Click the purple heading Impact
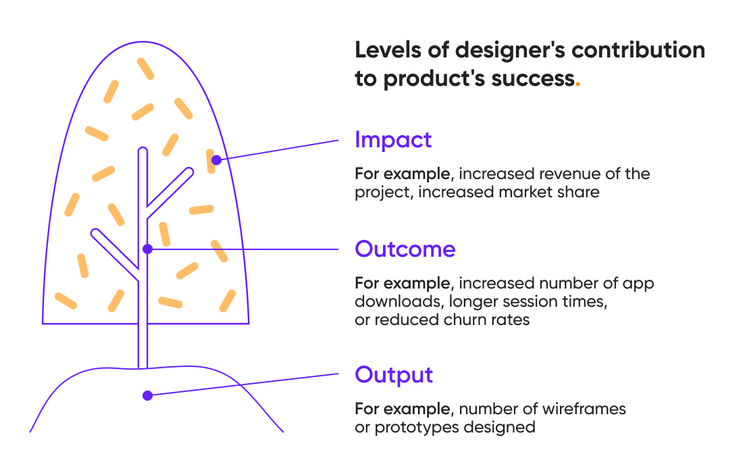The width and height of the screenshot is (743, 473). (393, 140)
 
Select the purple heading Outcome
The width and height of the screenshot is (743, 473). (405, 249)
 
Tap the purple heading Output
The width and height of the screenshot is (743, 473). (394, 374)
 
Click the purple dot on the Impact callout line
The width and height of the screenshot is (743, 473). (216, 160)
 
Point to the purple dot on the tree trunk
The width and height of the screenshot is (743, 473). (148, 249)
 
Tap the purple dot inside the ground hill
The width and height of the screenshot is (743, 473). (147, 395)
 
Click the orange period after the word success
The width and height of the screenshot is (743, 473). (578, 79)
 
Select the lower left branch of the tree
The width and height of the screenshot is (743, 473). (115, 253)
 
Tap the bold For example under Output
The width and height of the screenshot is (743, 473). (403, 409)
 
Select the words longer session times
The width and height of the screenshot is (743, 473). (526, 301)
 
